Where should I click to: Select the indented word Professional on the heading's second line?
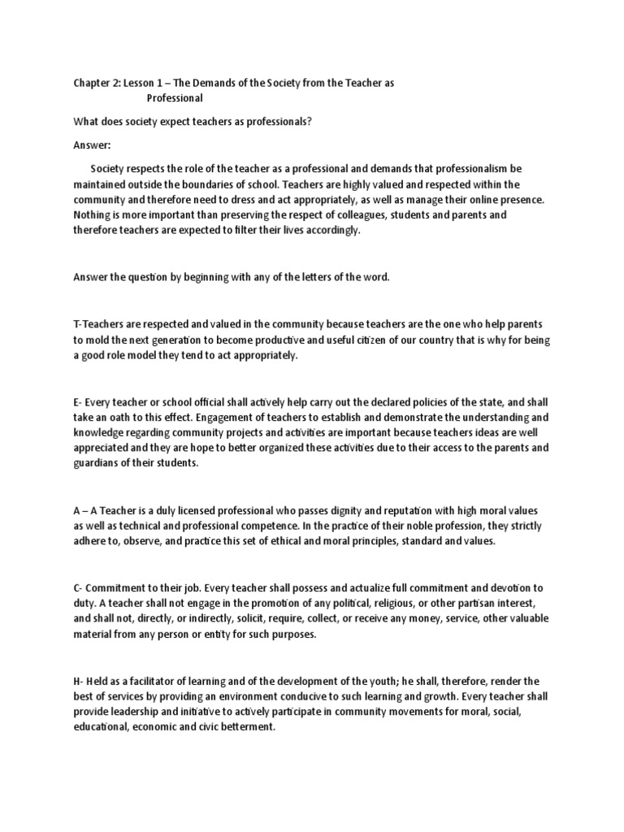(175, 98)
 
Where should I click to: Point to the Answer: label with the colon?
(91, 145)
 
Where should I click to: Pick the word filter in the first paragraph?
(219, 230)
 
